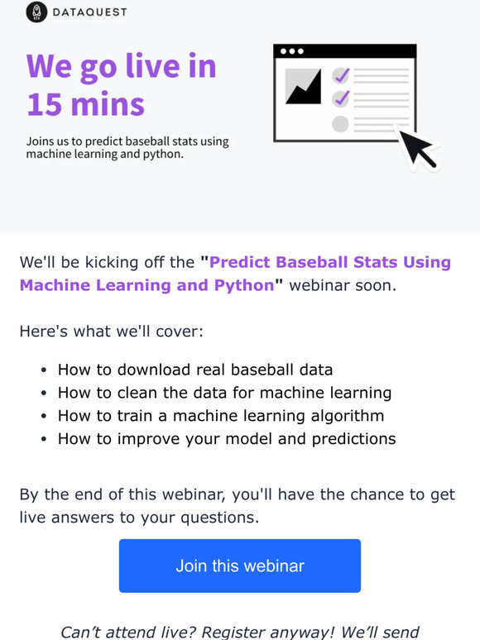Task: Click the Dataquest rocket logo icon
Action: pyautogui.click(x=36, y=12)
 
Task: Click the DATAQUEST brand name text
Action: pyautogui.click(x=89, y=13)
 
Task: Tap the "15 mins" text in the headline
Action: pyautogui.click(x=85, y=104)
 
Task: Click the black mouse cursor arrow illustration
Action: pyautogui.click(x=416, y=147)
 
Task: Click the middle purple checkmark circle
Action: pyautogui.click(x=341, y=99)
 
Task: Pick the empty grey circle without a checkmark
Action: pyautogui.click(x=340, y=124)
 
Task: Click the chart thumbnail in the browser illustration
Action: pyautogui.click(x=303, y=86)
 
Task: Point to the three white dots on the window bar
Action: pyautogui.click(x=291, y=51)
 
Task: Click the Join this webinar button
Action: pyautogui.click(x=240, y=566)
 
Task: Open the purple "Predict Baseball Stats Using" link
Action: pyautogui.click(x=330, y=263)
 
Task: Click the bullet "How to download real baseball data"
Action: pyautogui.click(x=195, y=370)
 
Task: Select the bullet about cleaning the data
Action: pyautogui.click(x=224, y=393)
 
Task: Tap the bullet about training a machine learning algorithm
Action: pyautogui.click(x=221, y=416)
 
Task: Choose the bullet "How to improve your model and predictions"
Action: pyautogui.click(x=227, y=439)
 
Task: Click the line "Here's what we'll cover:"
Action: pyautogui.click(x=111, y=332)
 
